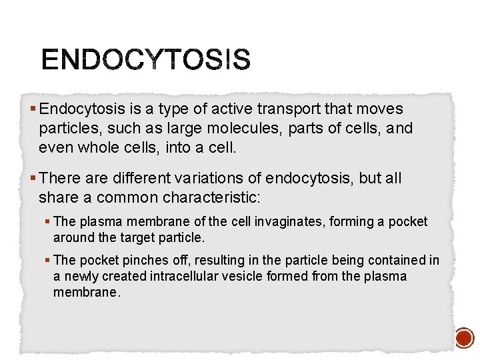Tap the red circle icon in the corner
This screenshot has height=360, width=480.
click(x=464, y=338)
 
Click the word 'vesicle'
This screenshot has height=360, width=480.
click(x=245, y=276)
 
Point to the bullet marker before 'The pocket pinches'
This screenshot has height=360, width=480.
click(x=48, y=260)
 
